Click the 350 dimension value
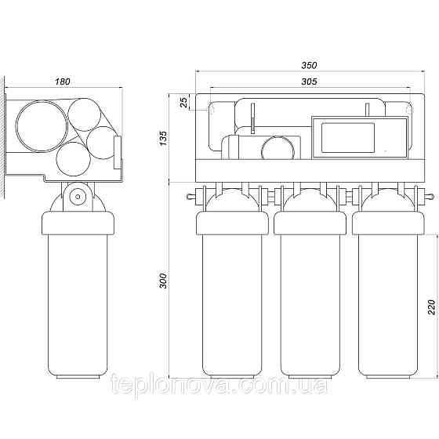click(x=309, y=65)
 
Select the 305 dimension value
click(x=309, y=82)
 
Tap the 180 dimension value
click(x=62, y=82)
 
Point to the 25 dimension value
click(x=184, y=103)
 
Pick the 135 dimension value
click(x=163, y=138)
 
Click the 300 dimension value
click(x=163, y=281)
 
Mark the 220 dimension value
click(x=432, y=307)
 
